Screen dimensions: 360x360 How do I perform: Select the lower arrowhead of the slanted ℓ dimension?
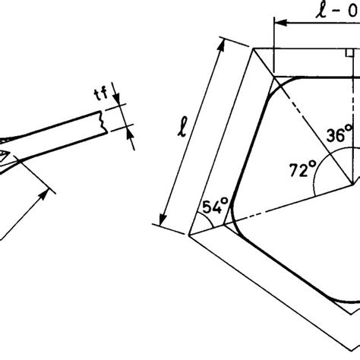(162, 222)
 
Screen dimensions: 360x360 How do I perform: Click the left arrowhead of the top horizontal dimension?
(276, 25)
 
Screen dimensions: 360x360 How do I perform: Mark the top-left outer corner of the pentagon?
(255, 49)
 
